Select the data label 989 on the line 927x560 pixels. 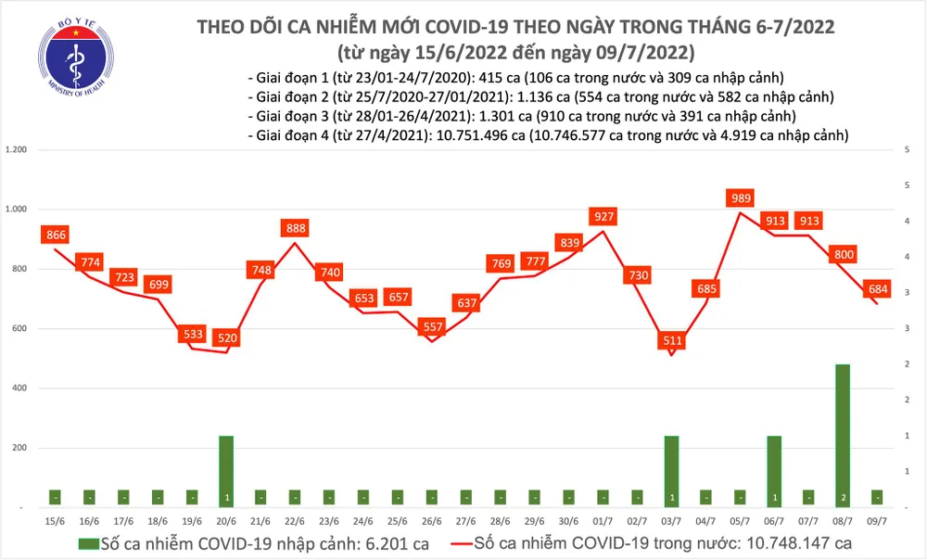click(x=741, y=197)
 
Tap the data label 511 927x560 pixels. click(x=671, y=340)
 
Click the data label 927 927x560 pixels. click(x=603, y=216)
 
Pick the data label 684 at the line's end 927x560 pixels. click(x=876, y=289)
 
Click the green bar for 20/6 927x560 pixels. click(x=226, y=471)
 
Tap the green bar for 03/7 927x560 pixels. click(x=671, y=471)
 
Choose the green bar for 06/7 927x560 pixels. click(x=774, y=471)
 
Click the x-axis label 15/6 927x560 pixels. click(x=55, y=521)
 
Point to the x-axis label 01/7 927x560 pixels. click(x=603, y=521)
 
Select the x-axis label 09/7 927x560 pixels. click(x=877, y=521)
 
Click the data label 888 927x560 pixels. click(x=295, y=227)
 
